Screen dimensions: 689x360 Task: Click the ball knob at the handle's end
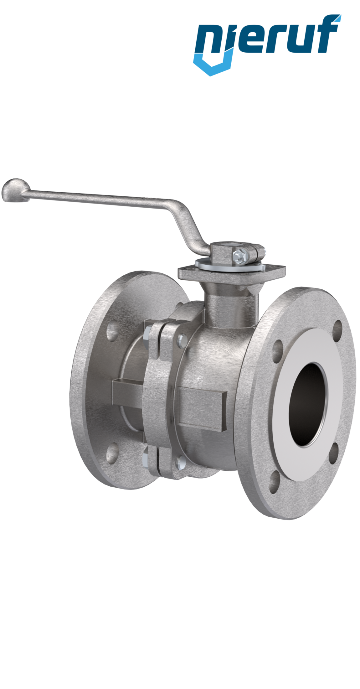(15, 190)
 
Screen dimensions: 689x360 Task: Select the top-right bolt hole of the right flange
(338, 328)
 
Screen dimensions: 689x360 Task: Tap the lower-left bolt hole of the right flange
(275, 479)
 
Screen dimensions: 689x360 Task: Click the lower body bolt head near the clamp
(181, 462)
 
